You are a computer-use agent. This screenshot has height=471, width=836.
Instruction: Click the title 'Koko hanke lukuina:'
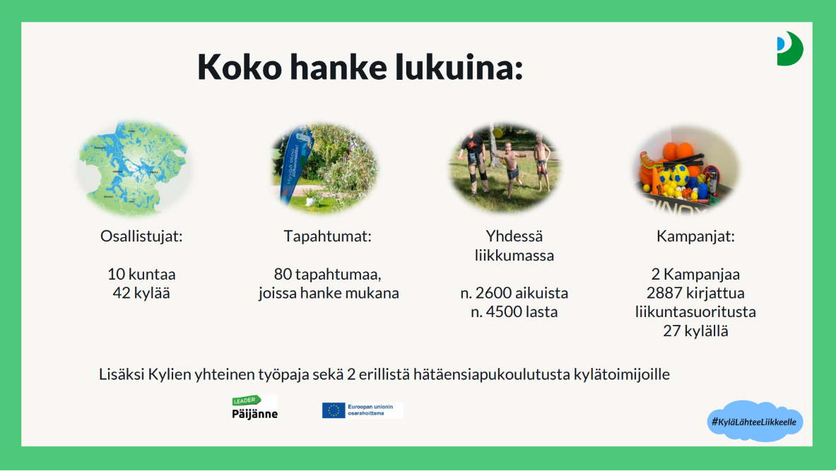tap(360, 67)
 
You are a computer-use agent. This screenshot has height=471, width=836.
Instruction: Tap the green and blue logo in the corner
tap(790, 49)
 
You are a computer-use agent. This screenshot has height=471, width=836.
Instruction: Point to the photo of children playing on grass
tap(505, 168)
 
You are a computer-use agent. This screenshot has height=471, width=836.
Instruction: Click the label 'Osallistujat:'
tap(141, 237)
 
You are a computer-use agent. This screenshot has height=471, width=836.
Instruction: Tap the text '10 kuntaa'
tap(141, 274)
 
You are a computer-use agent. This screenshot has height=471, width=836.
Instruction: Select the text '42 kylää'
tap(141, 293)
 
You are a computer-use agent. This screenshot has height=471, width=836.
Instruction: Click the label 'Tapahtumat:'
tap(327, 237)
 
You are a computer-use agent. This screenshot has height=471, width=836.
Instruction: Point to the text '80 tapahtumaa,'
tap(327, 274)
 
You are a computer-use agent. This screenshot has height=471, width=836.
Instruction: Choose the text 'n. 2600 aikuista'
tap(514, 293)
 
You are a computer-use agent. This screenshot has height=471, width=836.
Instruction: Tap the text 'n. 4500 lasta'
tap(514, 311)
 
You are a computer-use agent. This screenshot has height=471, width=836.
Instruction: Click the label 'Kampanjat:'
tap(695, 237)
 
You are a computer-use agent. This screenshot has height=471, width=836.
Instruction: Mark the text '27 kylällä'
tap(695, 330)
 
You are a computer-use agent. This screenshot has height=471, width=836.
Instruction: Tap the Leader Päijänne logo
tap(254, 407)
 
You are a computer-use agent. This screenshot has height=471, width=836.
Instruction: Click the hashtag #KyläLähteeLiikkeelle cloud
tap(755, 422)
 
